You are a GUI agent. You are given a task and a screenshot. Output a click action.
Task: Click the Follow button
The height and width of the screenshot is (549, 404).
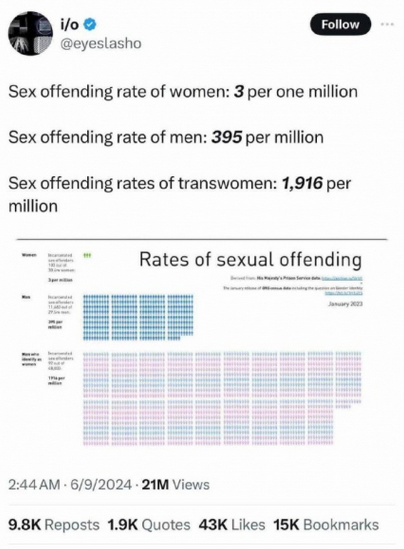pyautogui.click(x=340, y=24)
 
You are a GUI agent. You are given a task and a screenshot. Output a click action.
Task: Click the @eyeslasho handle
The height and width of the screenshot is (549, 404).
pyautogui.click(x=99, y=44)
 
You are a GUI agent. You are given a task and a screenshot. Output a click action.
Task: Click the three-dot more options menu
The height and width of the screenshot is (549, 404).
pyautogui.click(x=388, y=23)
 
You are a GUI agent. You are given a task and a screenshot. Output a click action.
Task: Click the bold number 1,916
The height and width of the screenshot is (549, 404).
pyautogui.click(x=302, y=183)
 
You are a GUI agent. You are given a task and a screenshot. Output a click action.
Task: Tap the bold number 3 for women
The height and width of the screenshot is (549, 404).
pyautogui.click(x=239, y=91)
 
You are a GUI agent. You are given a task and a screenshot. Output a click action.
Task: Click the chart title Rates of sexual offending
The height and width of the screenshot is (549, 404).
pyautogui.click(x=250, y=259)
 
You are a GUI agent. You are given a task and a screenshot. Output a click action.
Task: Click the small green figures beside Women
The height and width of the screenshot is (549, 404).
pyautogui.click(x=87, y=255)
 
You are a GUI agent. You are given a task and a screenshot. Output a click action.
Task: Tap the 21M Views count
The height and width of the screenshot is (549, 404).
pyautogui.click(x=176, y=485)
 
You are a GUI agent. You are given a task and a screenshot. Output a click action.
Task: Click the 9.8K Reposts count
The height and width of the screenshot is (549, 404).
pyautogui.click(x=54, y=525)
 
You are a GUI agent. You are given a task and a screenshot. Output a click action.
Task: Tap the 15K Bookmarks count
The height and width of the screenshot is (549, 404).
pyautogui.click(x=326, y=525)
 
